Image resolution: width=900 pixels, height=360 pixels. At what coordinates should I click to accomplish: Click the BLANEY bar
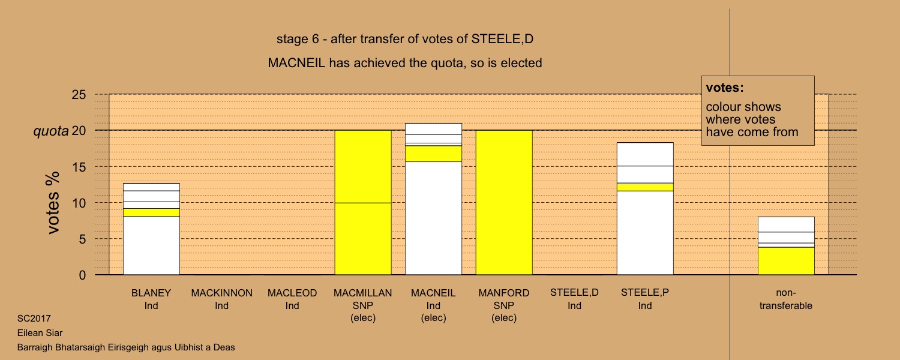[x=151, y=229]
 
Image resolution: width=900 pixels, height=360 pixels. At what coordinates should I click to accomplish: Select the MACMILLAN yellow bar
[x=363, y=203]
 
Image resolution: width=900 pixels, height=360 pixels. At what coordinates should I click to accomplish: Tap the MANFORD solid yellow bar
[x=504, y=203]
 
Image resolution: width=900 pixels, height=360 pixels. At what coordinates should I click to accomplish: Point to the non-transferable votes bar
[x=786, y=246]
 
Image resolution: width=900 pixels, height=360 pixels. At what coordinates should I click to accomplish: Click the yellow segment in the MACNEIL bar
[x=434, y=154]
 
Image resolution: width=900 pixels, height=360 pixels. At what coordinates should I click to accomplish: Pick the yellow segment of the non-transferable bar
[x=786, y=261]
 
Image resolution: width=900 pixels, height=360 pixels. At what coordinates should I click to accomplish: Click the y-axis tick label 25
[x=79, y=95]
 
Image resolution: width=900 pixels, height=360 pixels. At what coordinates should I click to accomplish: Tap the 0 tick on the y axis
[x=82, y=275]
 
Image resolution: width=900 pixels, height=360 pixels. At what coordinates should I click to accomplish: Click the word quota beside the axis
[x=51, y=131]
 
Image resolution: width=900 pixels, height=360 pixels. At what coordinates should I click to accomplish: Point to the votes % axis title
[x=53, y=203]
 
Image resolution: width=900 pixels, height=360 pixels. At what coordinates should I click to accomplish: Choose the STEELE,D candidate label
[x=575, y=299]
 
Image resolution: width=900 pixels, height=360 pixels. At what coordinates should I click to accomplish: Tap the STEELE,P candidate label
[x=645, y=299]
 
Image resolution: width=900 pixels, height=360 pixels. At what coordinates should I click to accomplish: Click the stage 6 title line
[x=405, y=39]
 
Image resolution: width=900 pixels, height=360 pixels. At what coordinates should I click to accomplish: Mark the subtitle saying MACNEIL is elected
[x=405, y=63]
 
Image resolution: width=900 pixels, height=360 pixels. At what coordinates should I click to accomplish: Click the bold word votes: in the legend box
[x=725, y=88]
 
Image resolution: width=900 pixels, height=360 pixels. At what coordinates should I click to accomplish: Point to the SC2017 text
[x=34, y=319]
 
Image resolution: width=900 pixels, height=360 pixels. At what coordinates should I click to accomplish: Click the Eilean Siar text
[x=40, y=332]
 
